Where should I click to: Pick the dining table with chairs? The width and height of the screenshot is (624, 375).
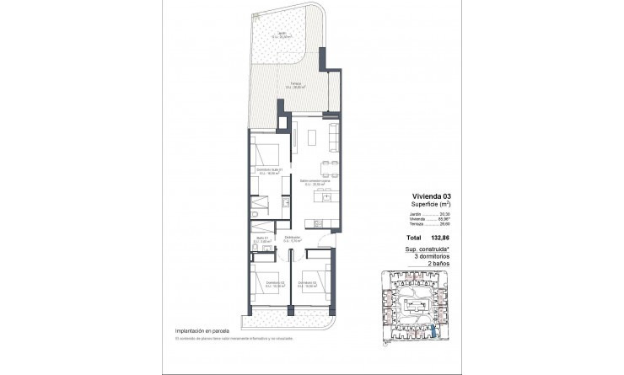tap(331, 164)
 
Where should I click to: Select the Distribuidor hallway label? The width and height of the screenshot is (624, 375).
tap(293, 239)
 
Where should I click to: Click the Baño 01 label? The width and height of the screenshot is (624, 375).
tap(263, 239)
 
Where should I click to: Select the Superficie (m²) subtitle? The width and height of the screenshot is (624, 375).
tap(427, 203)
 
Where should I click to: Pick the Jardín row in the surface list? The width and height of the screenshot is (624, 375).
tap(427, 215)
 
